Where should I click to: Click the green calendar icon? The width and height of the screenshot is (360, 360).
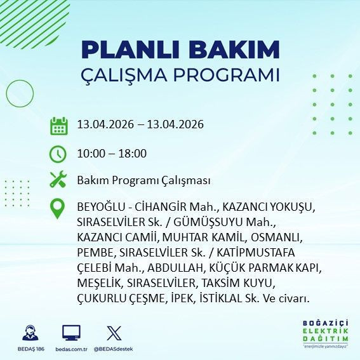pos(58,125)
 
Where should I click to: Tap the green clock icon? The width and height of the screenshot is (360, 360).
pos(58,153)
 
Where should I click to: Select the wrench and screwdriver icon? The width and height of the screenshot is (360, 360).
pos(58,180)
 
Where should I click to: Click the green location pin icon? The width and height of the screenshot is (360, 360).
pos(58,209)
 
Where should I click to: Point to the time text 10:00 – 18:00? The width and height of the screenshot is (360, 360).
pos(112,153)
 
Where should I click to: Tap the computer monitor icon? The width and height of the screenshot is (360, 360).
pos(71,333)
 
